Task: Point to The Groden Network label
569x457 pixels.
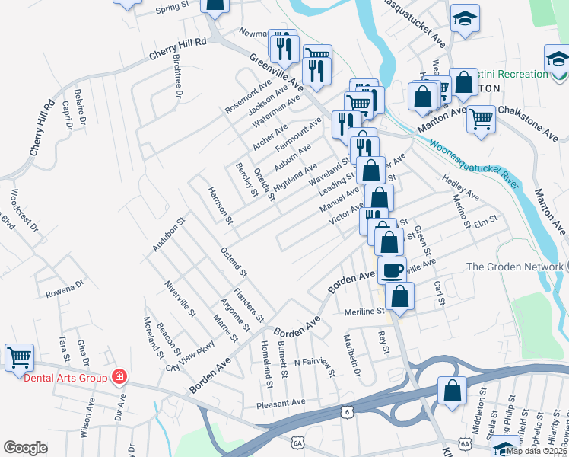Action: tap(515, 267)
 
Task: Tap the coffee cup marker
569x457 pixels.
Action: tap(392, 270)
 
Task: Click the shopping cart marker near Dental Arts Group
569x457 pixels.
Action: tap(19, 356)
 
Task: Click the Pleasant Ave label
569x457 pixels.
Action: tap(281, 402)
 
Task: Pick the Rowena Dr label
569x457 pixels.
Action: tap(63, 288)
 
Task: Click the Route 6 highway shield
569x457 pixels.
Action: tap(346, 412)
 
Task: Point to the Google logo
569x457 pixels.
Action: tap(25, 448)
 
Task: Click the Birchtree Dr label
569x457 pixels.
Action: tap(178, 78)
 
